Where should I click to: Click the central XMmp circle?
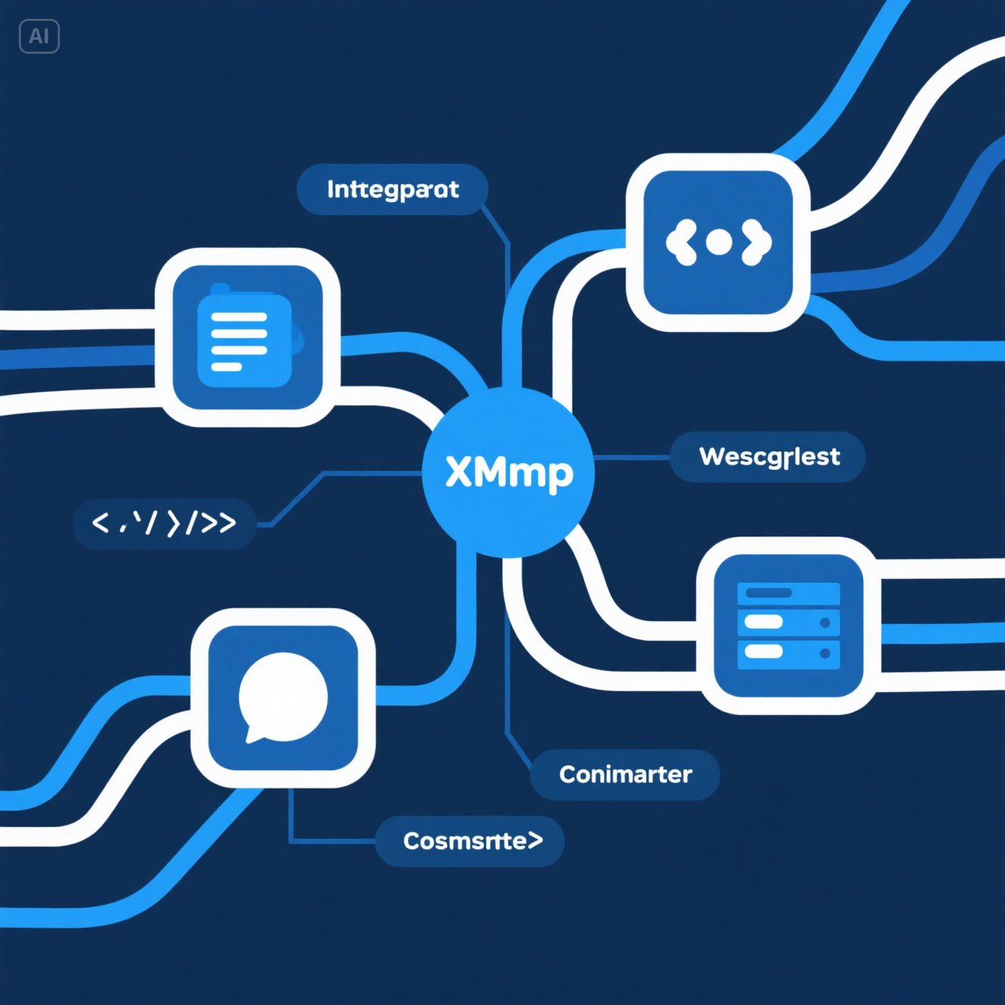pyautogui.click(x=508, y=472)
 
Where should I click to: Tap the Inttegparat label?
pyautogui.click(x=392, y=189)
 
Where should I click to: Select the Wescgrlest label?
pyautogui.click(x=768, y=457)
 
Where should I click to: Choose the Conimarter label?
pyautogui.click(x=625, y=774)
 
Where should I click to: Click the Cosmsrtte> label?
pyautogui.click(x=471, y=841)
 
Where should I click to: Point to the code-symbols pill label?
pyautogui.click(x=164, y=523)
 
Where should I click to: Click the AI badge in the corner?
pyautogui.click(x=39, y=36)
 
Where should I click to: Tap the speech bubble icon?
pyautogui.click(x=283, y=696)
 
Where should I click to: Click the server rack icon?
pyautogui.click(x=789, y=625)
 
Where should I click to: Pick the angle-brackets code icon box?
pyautogui.click(x=718, y=242)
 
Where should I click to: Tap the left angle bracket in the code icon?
pyautogui.click(x=680, y=242)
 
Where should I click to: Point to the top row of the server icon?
pyautogui.click(x=789, y=593)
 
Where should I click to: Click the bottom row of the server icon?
pyautogui.click(x=789, y=652)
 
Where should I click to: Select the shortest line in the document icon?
pyautogui.click(x=226, y=367)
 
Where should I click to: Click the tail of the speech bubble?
pyautogui.click(x=253, y=735)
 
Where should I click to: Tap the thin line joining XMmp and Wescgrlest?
pyautogui.click(x=632, y=458)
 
